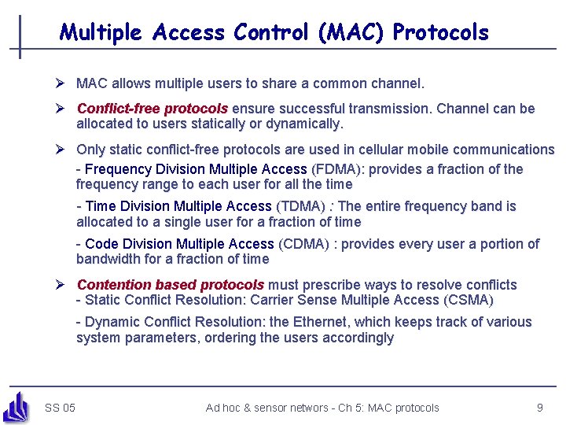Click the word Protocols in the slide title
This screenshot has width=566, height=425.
click(x=440, y=33)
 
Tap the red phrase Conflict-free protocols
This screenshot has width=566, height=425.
click(x=152, y=109)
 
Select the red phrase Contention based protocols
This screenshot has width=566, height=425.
click(x=170, y=285)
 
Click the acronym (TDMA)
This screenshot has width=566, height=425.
click(x=300, y=207)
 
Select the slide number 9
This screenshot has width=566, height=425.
click(x=540, y=408)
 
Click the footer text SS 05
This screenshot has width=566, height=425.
click(x=61, y=408)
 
